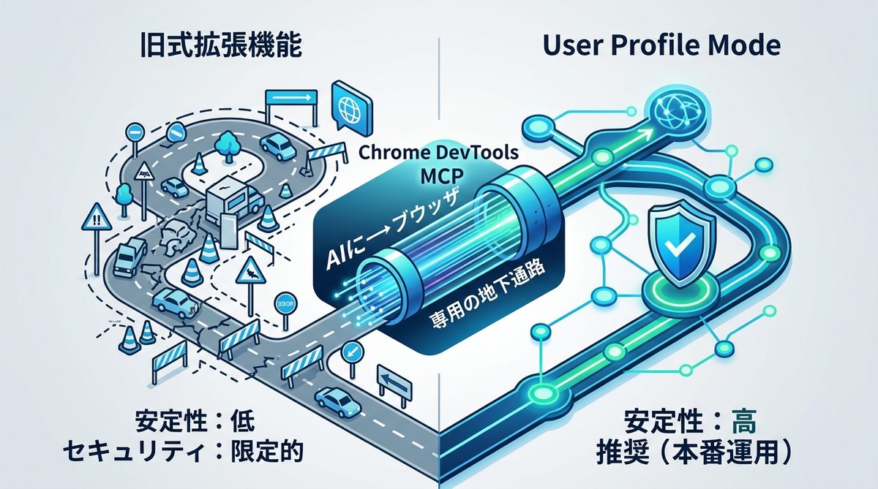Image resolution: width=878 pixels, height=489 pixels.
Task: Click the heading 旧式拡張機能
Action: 220,47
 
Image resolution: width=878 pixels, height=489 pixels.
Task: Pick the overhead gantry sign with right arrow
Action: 291,97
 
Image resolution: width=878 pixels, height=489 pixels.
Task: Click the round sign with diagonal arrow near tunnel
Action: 352,352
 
